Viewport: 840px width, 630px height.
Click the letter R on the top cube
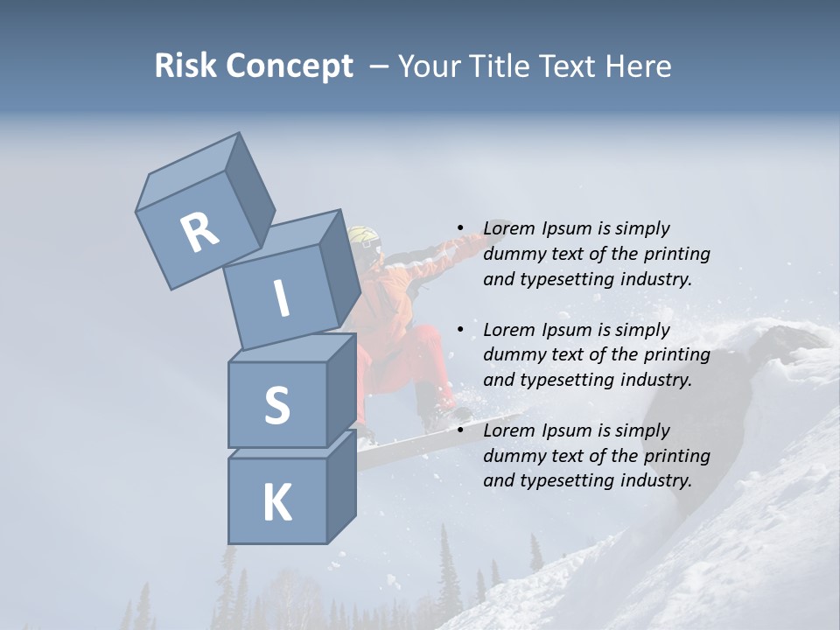click(199, 233)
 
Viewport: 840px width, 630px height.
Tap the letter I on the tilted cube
click(282, 298)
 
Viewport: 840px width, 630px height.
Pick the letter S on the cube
click(276, 405)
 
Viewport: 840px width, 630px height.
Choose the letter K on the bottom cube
click(276, 503)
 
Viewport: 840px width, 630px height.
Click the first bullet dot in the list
click(459, 228)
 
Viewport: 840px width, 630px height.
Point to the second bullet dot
click(459, 330)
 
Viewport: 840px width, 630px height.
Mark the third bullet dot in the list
click(459, 430)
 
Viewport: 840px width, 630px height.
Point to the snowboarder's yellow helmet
click(365, 240)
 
